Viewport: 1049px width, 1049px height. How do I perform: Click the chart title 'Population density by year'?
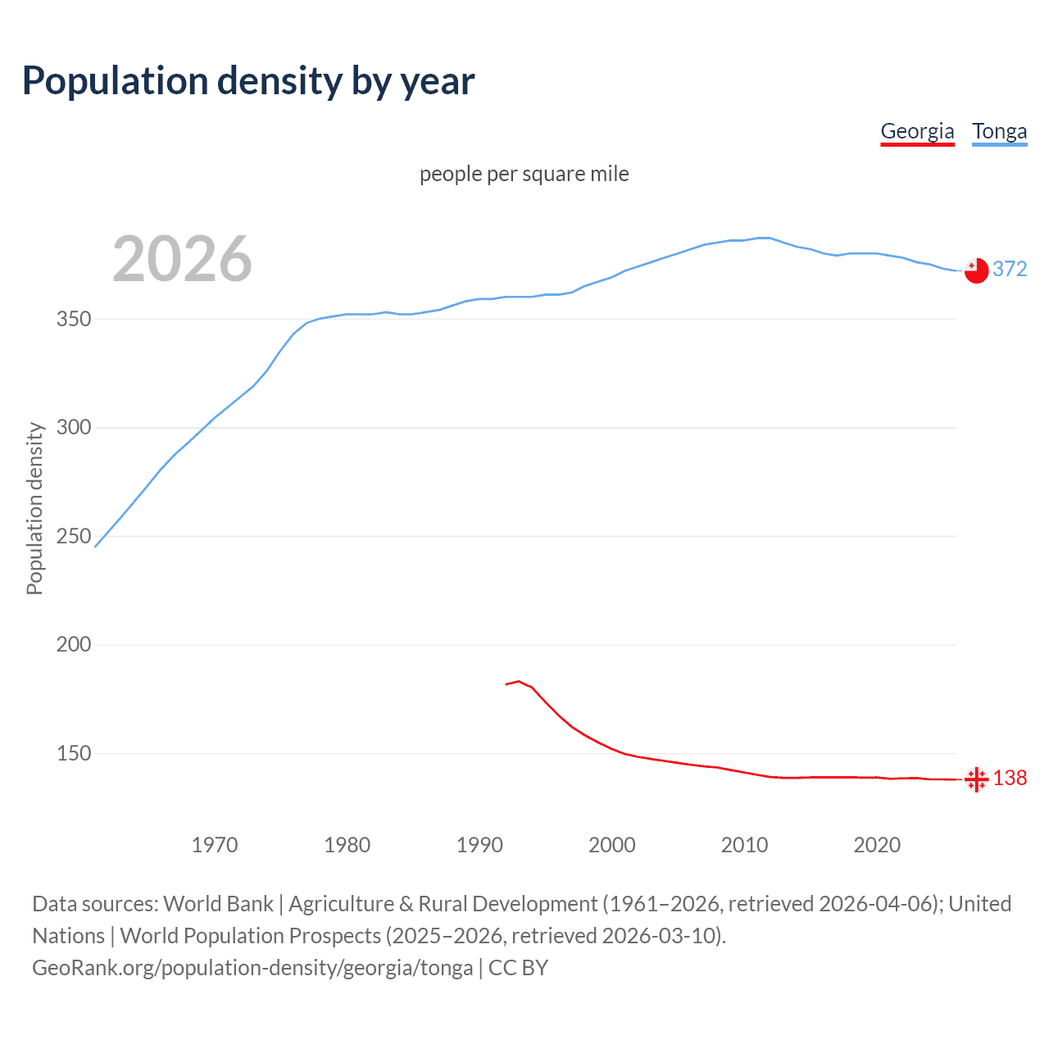[x=248, y=81]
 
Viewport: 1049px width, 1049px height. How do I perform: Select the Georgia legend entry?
[x=917, y=132]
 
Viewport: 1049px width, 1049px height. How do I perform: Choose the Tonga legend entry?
[x=999, y=132]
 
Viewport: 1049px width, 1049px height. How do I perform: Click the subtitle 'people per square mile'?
[x=524, y=175]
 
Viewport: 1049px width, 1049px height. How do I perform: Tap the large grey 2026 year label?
[x=182, y=259]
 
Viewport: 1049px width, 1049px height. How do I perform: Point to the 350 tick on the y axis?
[x=74, y=319]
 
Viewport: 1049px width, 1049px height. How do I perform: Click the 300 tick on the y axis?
[x=74, y=428]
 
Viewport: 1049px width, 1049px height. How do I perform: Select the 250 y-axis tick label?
[x=74, y=536]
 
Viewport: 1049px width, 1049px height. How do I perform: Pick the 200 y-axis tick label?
[x=74, y=645]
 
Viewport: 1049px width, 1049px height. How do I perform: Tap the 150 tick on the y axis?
[x=74, y=753]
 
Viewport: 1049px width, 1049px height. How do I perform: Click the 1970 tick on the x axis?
[x=215, y=845]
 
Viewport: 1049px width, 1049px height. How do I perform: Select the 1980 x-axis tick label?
[x=347, y=845]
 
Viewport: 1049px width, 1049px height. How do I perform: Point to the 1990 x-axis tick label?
[x=479, y=845]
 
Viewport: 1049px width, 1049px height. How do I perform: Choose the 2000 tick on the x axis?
[x=612, y=845]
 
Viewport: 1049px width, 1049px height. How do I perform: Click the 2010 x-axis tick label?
[x=744, y=845]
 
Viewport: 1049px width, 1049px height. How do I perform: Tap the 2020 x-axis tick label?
[x=877, y=845]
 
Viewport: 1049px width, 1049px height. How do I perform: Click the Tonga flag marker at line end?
[x=976, y=270]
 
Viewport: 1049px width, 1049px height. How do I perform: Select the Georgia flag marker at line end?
[x=976, y=779]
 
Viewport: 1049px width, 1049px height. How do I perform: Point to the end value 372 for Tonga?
[x=1010, y=270]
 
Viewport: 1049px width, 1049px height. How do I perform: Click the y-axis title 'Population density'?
[x=34, y=508]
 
